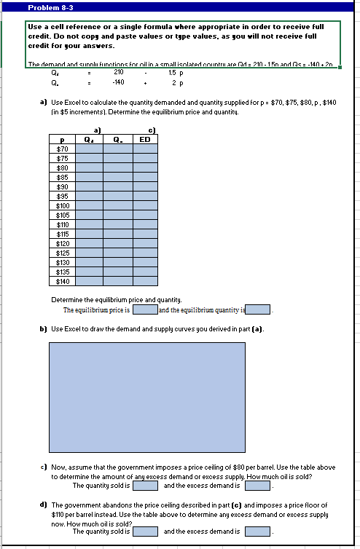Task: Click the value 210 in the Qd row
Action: pos(119,72)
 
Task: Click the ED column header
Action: pos(145,140)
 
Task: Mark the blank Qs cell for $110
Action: pos(118,224)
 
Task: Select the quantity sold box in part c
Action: pos(144,485)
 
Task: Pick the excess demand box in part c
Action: pos(257,485)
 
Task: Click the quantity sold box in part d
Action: pos(144,531)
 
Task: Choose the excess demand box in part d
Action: pos(257,531)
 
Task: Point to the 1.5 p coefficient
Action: pos(175,72)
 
